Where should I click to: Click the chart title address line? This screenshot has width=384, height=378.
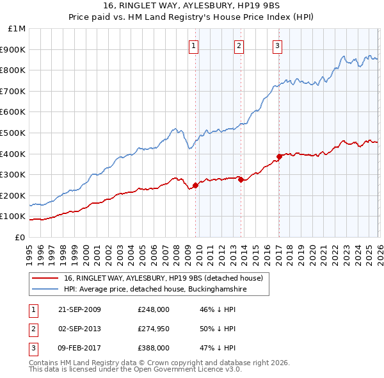click(x=192, y=6)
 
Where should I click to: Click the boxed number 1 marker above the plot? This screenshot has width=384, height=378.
click(x=194, y=45)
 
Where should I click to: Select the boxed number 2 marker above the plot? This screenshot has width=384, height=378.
click(x=239, y=45)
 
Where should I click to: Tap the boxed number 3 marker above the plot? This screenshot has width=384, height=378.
click(x=278, y=45)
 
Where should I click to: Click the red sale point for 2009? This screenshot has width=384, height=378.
click(x=195, y=186)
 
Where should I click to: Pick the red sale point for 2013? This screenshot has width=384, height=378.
click(x=240, y=180)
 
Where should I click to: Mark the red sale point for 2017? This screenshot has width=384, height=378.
click(x=279, y=156)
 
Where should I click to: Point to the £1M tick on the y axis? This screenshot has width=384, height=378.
click(x=17, y=29)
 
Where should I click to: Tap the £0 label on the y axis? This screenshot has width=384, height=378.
click(x=20, y=237)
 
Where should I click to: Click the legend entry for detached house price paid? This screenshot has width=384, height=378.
click(x=163, y=278)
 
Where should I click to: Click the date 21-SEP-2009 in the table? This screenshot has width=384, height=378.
click(x=79, y=309)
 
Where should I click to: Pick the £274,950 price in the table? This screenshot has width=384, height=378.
click(x=154, y=329)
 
